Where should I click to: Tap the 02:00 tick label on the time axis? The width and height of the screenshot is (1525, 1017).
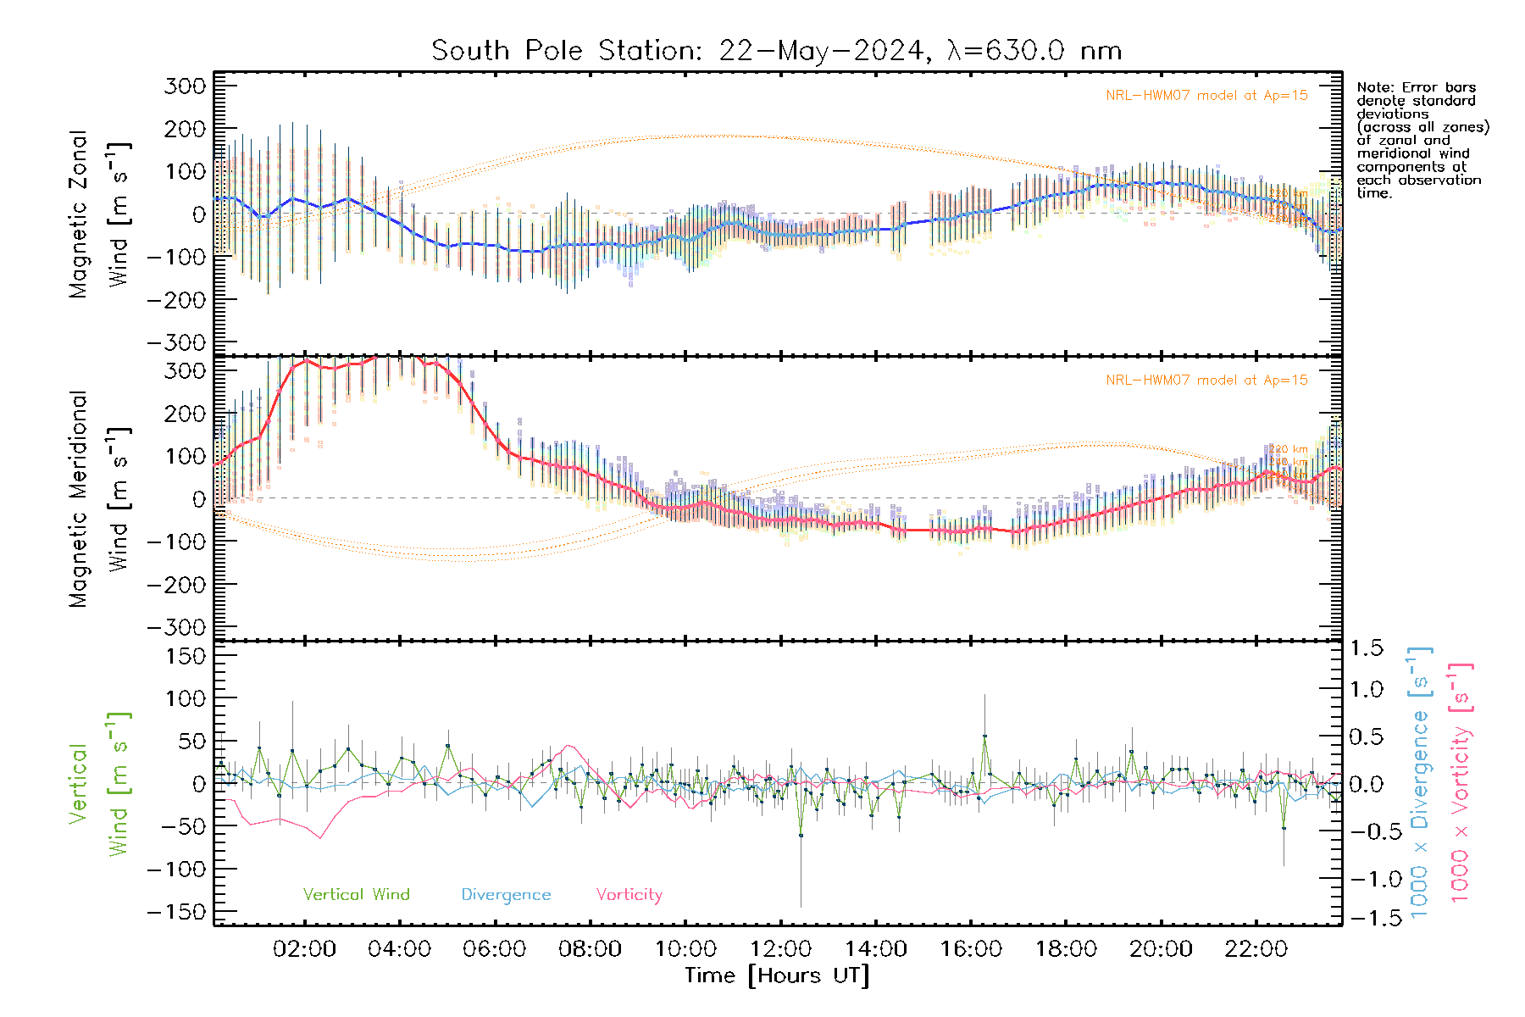pos(304,949)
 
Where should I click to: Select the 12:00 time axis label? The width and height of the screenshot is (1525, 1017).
pos(780,949)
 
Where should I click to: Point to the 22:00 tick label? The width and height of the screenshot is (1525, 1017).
pos(1256,949)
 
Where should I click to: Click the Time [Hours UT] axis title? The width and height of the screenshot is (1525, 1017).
pos(777,975)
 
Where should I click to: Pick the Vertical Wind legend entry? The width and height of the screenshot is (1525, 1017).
pos(356,894)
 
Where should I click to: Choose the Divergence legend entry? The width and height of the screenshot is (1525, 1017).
pos(506,894)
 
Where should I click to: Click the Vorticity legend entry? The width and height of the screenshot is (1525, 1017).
pos(629,894)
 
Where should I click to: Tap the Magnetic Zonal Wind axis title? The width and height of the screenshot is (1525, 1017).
pos(100,214)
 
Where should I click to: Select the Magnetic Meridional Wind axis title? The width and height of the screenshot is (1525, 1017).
pos(100,499)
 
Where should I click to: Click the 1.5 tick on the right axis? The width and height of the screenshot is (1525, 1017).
pos(1366,648)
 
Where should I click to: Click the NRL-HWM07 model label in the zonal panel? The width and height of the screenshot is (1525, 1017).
pos(1206,96)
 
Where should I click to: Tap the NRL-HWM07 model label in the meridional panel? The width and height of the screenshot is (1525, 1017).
pos(1206,381)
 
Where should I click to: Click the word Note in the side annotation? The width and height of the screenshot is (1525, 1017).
pos(1373,87)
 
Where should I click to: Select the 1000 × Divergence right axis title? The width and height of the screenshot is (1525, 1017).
pos(1420,782)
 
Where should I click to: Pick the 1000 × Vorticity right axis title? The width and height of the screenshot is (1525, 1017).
pos(1461,782)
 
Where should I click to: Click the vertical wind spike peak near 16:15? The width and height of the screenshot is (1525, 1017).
pos(984,736)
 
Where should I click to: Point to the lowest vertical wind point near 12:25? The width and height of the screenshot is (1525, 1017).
pos(801,836)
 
